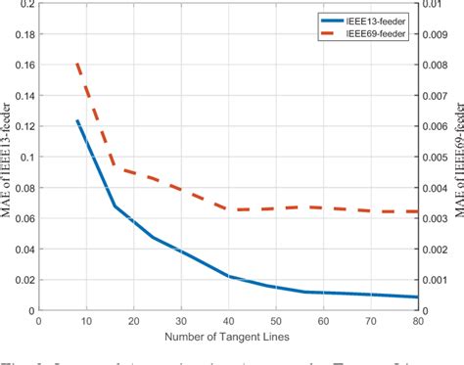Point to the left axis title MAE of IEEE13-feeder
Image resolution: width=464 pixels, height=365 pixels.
[11, 157]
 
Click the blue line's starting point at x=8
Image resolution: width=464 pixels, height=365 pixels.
[76, 120]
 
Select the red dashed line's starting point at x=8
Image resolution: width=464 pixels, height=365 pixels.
[76, 64]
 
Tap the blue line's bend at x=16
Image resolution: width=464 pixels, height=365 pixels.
[115, 205]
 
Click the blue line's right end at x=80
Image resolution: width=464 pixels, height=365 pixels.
[418, 297]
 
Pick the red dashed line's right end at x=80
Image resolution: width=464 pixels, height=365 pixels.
[418, 184]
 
